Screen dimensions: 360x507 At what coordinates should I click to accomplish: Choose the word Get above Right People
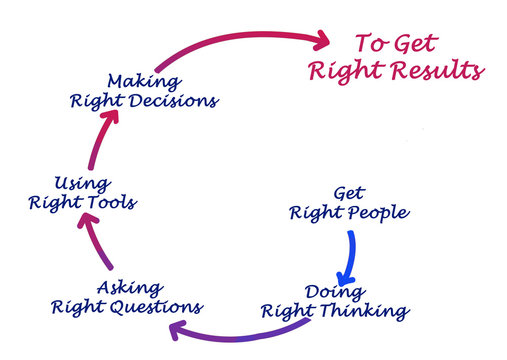348,193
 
